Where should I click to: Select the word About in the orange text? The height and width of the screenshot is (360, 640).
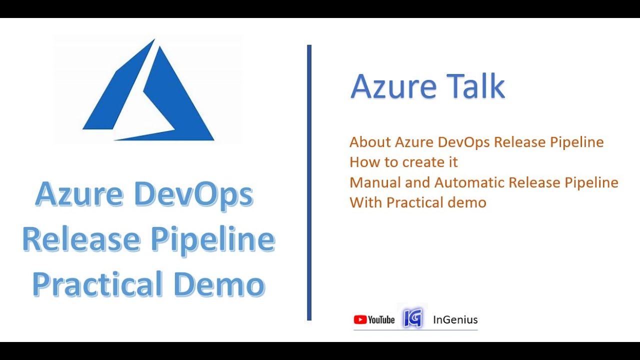pos(370,142)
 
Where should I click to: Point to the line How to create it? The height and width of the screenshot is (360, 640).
pos(403,162)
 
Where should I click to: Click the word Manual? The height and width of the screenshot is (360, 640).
pos(375,182)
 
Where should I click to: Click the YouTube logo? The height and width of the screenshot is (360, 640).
pos(374,320)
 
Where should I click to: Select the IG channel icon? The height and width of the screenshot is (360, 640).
pos(412,317)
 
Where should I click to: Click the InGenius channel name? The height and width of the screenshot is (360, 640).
pos(455,320)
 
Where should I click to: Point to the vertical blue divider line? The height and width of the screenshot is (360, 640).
pos(309,182)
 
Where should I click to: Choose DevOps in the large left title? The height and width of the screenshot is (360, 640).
pos(194,195)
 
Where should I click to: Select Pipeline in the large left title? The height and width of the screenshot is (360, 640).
pos(212,240)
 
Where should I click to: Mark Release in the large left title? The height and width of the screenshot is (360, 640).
pos(81,240)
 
